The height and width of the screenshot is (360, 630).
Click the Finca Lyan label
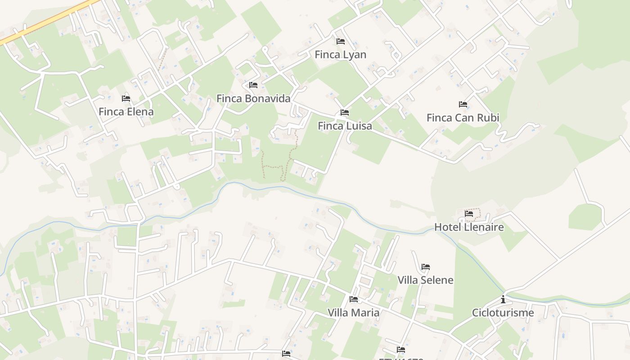340,55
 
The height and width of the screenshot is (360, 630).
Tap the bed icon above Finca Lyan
341,41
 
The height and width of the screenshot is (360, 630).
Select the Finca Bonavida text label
253,99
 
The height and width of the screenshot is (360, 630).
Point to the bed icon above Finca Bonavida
253,85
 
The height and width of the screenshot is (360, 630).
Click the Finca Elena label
126,112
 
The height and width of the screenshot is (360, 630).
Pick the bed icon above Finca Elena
126,99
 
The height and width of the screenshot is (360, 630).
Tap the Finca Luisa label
345,126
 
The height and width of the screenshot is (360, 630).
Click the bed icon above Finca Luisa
345,112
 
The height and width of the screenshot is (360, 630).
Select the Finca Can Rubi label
463,118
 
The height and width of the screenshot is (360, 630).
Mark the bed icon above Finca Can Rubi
463,104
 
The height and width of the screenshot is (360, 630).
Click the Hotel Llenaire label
469,227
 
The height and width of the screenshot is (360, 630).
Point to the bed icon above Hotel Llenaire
469,214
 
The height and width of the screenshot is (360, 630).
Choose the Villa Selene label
425,280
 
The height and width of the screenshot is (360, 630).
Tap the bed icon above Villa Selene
426,267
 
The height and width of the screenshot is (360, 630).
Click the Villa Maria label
353,313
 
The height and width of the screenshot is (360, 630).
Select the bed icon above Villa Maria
354,299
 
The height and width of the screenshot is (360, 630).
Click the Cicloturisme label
503,313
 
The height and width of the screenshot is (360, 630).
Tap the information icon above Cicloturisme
503,299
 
